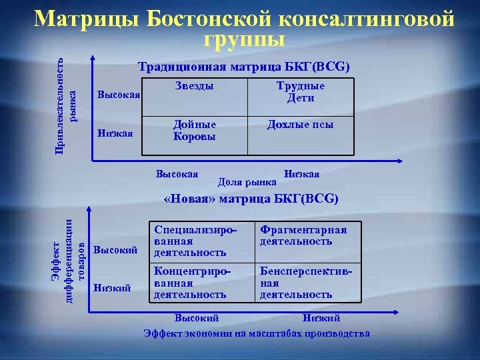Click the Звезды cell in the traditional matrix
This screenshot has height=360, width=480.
click(x=194, y=87)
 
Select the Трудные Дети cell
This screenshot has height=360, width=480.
click(x=301, y=92)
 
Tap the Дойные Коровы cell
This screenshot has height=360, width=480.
click(x=194, y=131)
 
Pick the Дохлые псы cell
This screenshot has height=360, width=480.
click(x=301, y=125)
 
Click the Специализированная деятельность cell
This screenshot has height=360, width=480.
click(x=195, y=241)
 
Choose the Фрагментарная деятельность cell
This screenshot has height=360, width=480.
click(x=303, y=235)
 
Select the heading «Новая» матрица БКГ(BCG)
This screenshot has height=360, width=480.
click(x=251, y=199)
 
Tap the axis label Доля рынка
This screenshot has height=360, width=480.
click(x=247, y=181)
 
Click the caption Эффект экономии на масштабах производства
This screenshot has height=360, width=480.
click(x=257, y=333)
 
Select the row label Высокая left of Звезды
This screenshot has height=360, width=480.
click(x=119, y=95)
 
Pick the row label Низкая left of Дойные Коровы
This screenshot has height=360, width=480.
click(x=115, y=133)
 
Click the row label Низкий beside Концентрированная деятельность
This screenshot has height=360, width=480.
click(x=112, y=288)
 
